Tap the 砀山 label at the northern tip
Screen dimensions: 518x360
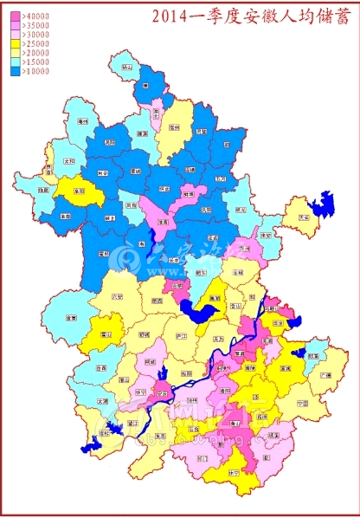tap(127, 67)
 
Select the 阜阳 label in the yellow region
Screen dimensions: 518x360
tap(79, 190)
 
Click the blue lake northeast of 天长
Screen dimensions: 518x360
tap(326, 206)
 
